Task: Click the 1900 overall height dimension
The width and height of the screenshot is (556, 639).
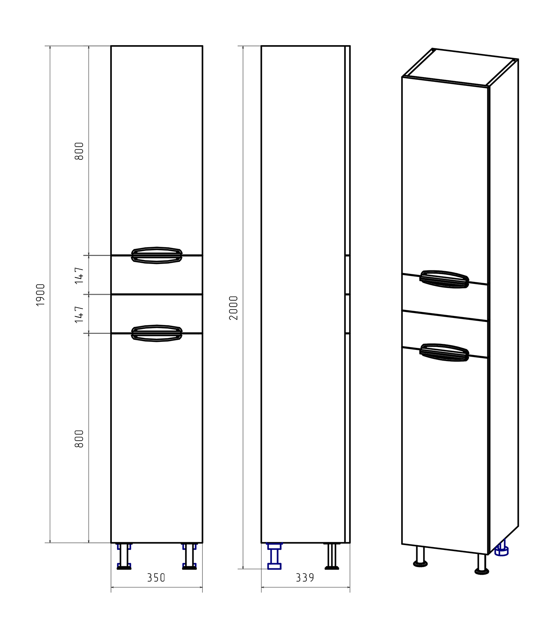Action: [x=41, y=295]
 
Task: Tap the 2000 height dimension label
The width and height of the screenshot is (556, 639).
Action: [x=233, y=308]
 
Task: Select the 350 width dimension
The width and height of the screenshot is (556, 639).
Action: [x=156, y=578]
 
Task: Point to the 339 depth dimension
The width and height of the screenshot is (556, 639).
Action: [x=305, y=578]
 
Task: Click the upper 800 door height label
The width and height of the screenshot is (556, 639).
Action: [x=79, y=151]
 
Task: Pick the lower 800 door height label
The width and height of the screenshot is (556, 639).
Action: [x=79, y=439]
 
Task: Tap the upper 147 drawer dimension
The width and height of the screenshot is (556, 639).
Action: [x=79, y=276]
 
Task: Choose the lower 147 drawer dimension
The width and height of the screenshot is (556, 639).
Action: [x=79, y=314]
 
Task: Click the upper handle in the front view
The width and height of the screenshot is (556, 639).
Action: [x=157, y=255]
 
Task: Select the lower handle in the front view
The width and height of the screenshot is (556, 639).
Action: [x=157, y=333]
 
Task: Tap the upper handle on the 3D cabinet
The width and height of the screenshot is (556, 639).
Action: [x=444, y=279]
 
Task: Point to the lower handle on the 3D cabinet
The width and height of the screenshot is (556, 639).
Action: [x=444, y=352]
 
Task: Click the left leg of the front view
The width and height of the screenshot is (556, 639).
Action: [x=124, y=556]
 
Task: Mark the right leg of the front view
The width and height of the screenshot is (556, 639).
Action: [x=189, y=556]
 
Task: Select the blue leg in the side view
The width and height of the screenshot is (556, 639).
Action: [x=274, y=556]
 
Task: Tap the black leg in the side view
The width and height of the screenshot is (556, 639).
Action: [x=332, y=556]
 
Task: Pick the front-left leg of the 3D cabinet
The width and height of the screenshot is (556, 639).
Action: [x=420, y=556]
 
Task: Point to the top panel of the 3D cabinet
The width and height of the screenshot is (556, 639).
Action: [x=460, y=67]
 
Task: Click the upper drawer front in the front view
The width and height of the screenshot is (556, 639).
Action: [x=157, y=275]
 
